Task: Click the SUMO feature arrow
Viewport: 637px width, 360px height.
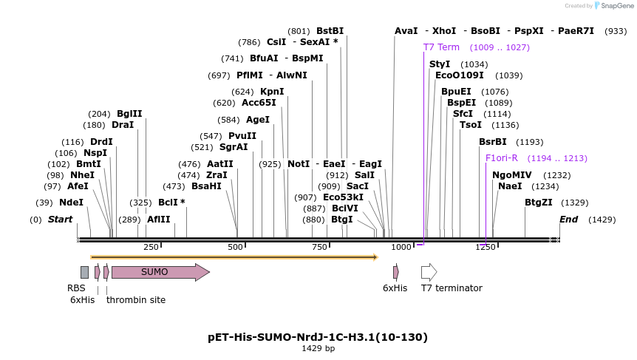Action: coord(160,272)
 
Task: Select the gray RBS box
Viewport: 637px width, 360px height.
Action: coord(84,272)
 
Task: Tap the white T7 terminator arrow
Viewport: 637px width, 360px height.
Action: coord(429,272)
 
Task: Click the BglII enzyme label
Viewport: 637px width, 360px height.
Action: coord(129,114)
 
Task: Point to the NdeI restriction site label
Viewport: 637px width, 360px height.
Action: coord(71,203)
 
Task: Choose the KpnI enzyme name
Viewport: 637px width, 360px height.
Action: coord(272,92)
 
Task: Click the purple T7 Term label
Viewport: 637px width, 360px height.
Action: coord(441,47)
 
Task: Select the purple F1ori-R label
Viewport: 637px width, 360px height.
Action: coord(502,158)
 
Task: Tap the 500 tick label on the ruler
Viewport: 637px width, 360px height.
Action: coord(235,247)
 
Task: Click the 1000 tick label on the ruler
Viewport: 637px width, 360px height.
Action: coord(401,247)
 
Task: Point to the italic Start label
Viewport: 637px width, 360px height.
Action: coord(60,220)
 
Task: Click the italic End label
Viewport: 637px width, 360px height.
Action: coord(568,220)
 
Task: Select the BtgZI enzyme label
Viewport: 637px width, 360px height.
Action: coord(539,203)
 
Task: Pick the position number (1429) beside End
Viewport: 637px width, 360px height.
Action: coord(602,220)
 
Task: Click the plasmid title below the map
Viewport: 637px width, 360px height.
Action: coord(318,337)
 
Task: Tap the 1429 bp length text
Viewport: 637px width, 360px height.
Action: coord(318,348)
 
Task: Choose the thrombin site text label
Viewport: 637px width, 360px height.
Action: coord(136,300)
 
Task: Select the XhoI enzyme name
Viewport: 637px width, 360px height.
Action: coord(444,31)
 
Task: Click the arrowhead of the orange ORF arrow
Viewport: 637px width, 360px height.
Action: coord(376,257)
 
